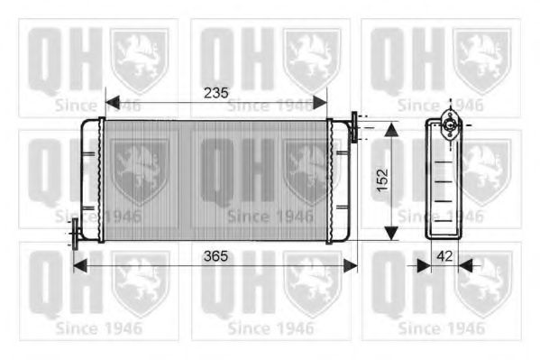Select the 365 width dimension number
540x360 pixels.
coord(215,255)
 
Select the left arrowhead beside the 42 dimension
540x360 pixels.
coord(421,265)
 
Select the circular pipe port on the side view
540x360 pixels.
coord(448,126)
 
